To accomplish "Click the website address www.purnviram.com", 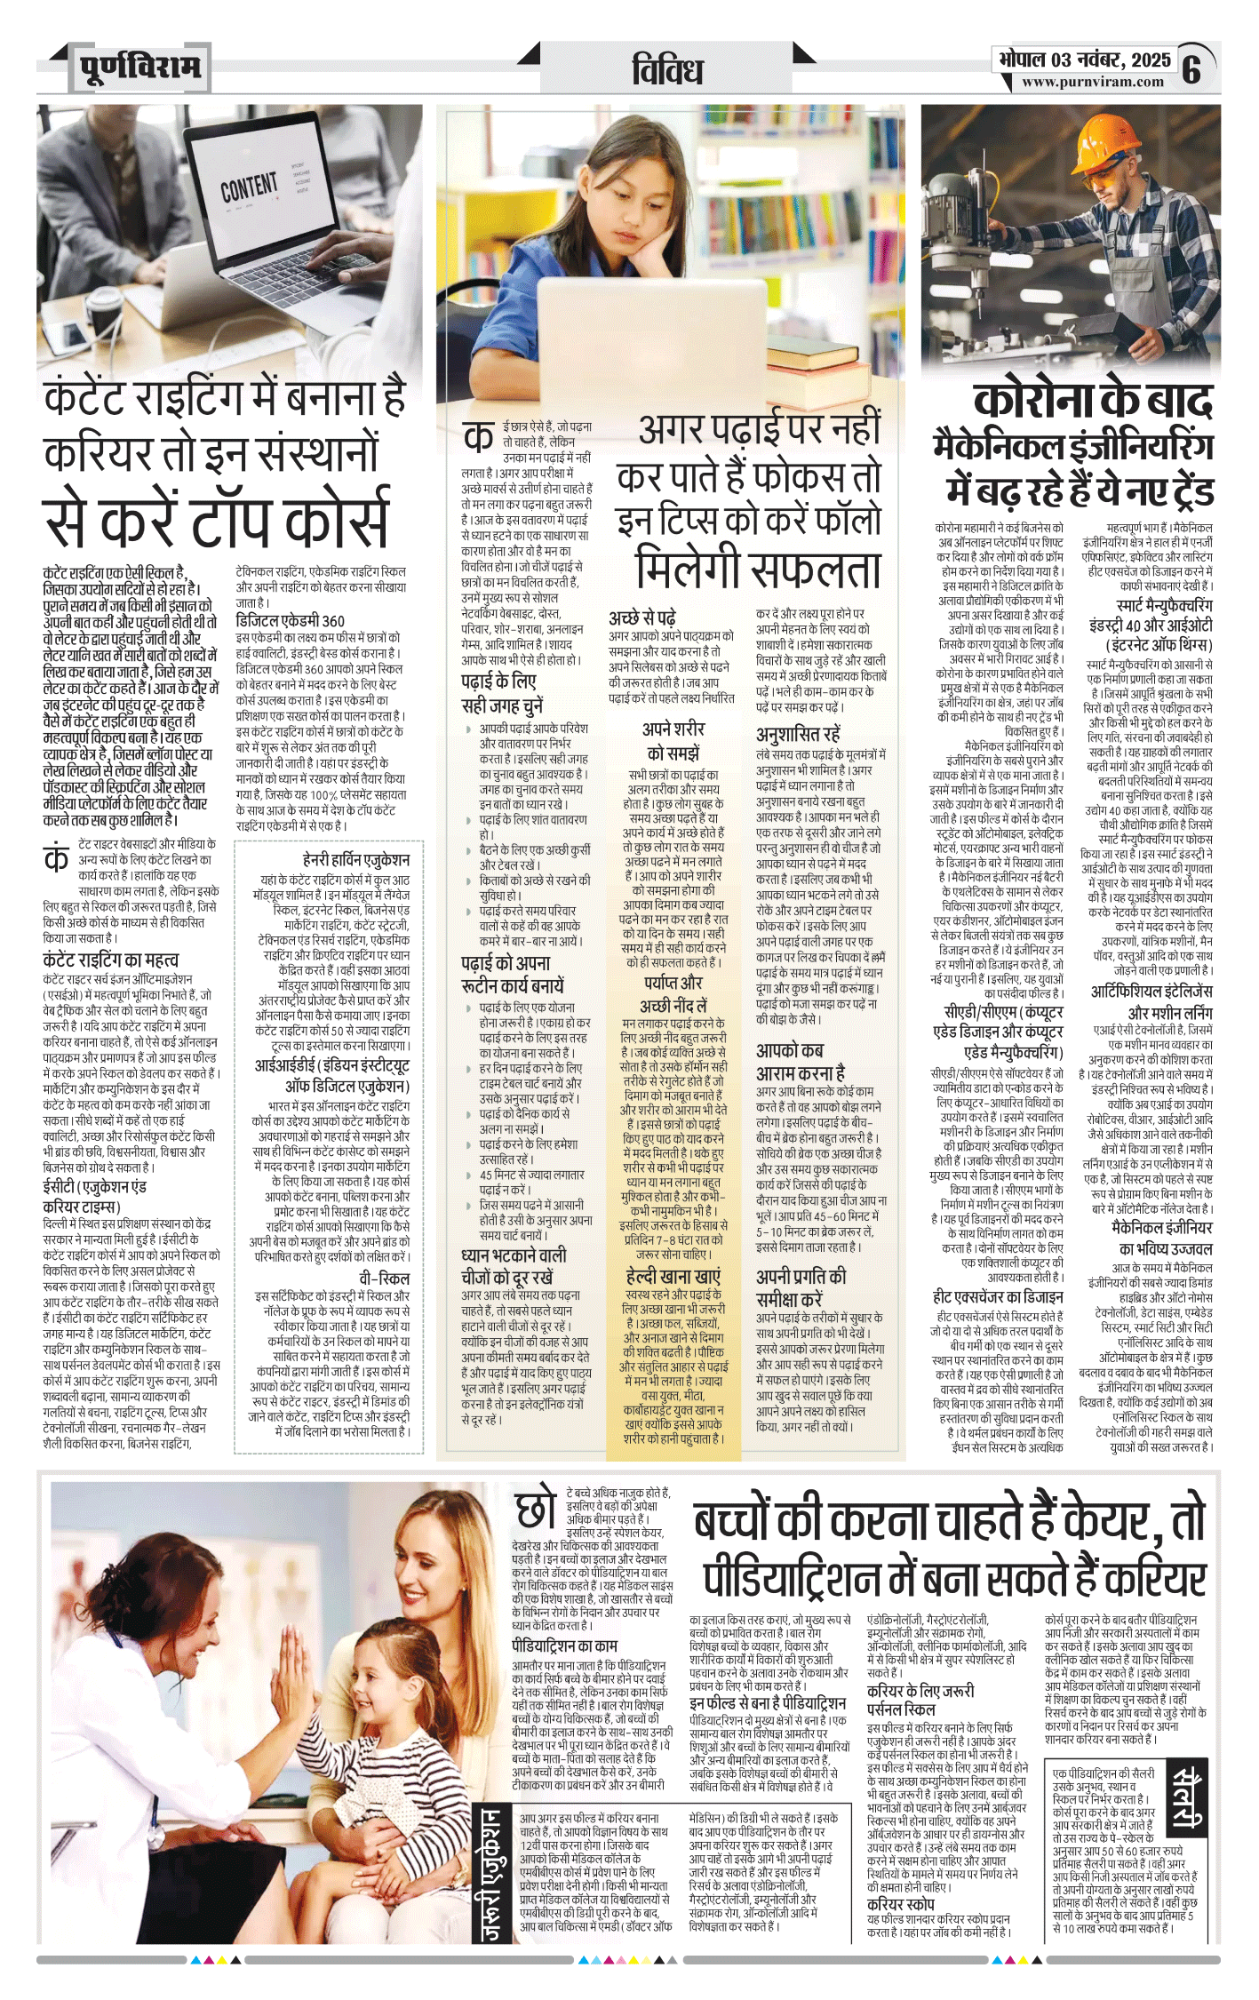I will point(1092,82).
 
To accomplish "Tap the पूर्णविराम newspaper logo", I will point(139,67).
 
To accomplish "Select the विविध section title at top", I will point(667,70).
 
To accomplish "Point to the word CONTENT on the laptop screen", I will point(249,187).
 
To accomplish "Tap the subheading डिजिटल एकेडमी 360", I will point(290,620).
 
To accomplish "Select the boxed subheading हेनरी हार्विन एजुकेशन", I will point(355,859).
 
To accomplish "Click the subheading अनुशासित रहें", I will point(797,734).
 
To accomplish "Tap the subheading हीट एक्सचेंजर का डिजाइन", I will point(998,1297).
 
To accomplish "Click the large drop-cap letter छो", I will point(536,1510).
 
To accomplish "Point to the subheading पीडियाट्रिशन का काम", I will point(564,1645).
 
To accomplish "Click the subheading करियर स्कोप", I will point(900,1903).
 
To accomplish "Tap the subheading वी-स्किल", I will point(384,1278).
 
